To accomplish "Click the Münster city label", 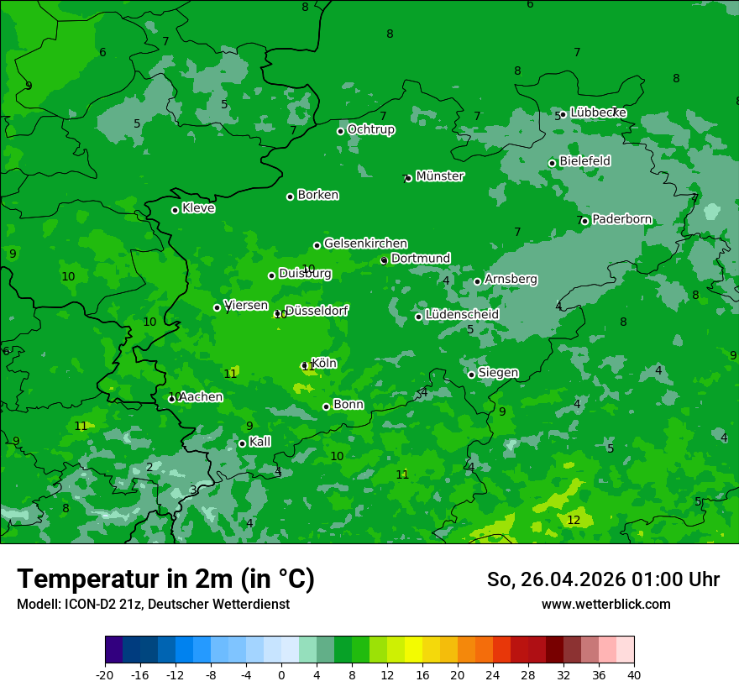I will click(440, 176).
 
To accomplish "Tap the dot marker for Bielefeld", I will click(552, 163).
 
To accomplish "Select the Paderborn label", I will click(621, 219).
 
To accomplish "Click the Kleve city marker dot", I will click(175, 210).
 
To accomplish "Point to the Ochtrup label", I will click(370, 129).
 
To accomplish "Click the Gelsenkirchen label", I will click(365, 244).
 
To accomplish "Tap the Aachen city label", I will click(201, 397).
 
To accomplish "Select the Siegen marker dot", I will click(471, 375).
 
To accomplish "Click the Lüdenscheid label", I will click(462, 314).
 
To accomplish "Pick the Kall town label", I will click(260, 442).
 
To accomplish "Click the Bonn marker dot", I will click(326, 406).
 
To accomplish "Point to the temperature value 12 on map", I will click(574, 521).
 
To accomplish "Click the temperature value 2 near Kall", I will click(149, 468).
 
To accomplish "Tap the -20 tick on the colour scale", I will click(105, 675).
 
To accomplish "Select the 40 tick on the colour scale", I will click(634, 675).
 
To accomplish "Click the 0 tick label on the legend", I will click(281, 675).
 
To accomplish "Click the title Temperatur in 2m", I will click(165, 579).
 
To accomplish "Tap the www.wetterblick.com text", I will click(605, 604).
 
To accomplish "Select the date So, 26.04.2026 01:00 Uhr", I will click(603, 579).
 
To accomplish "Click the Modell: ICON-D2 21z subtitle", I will click(153, 604).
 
